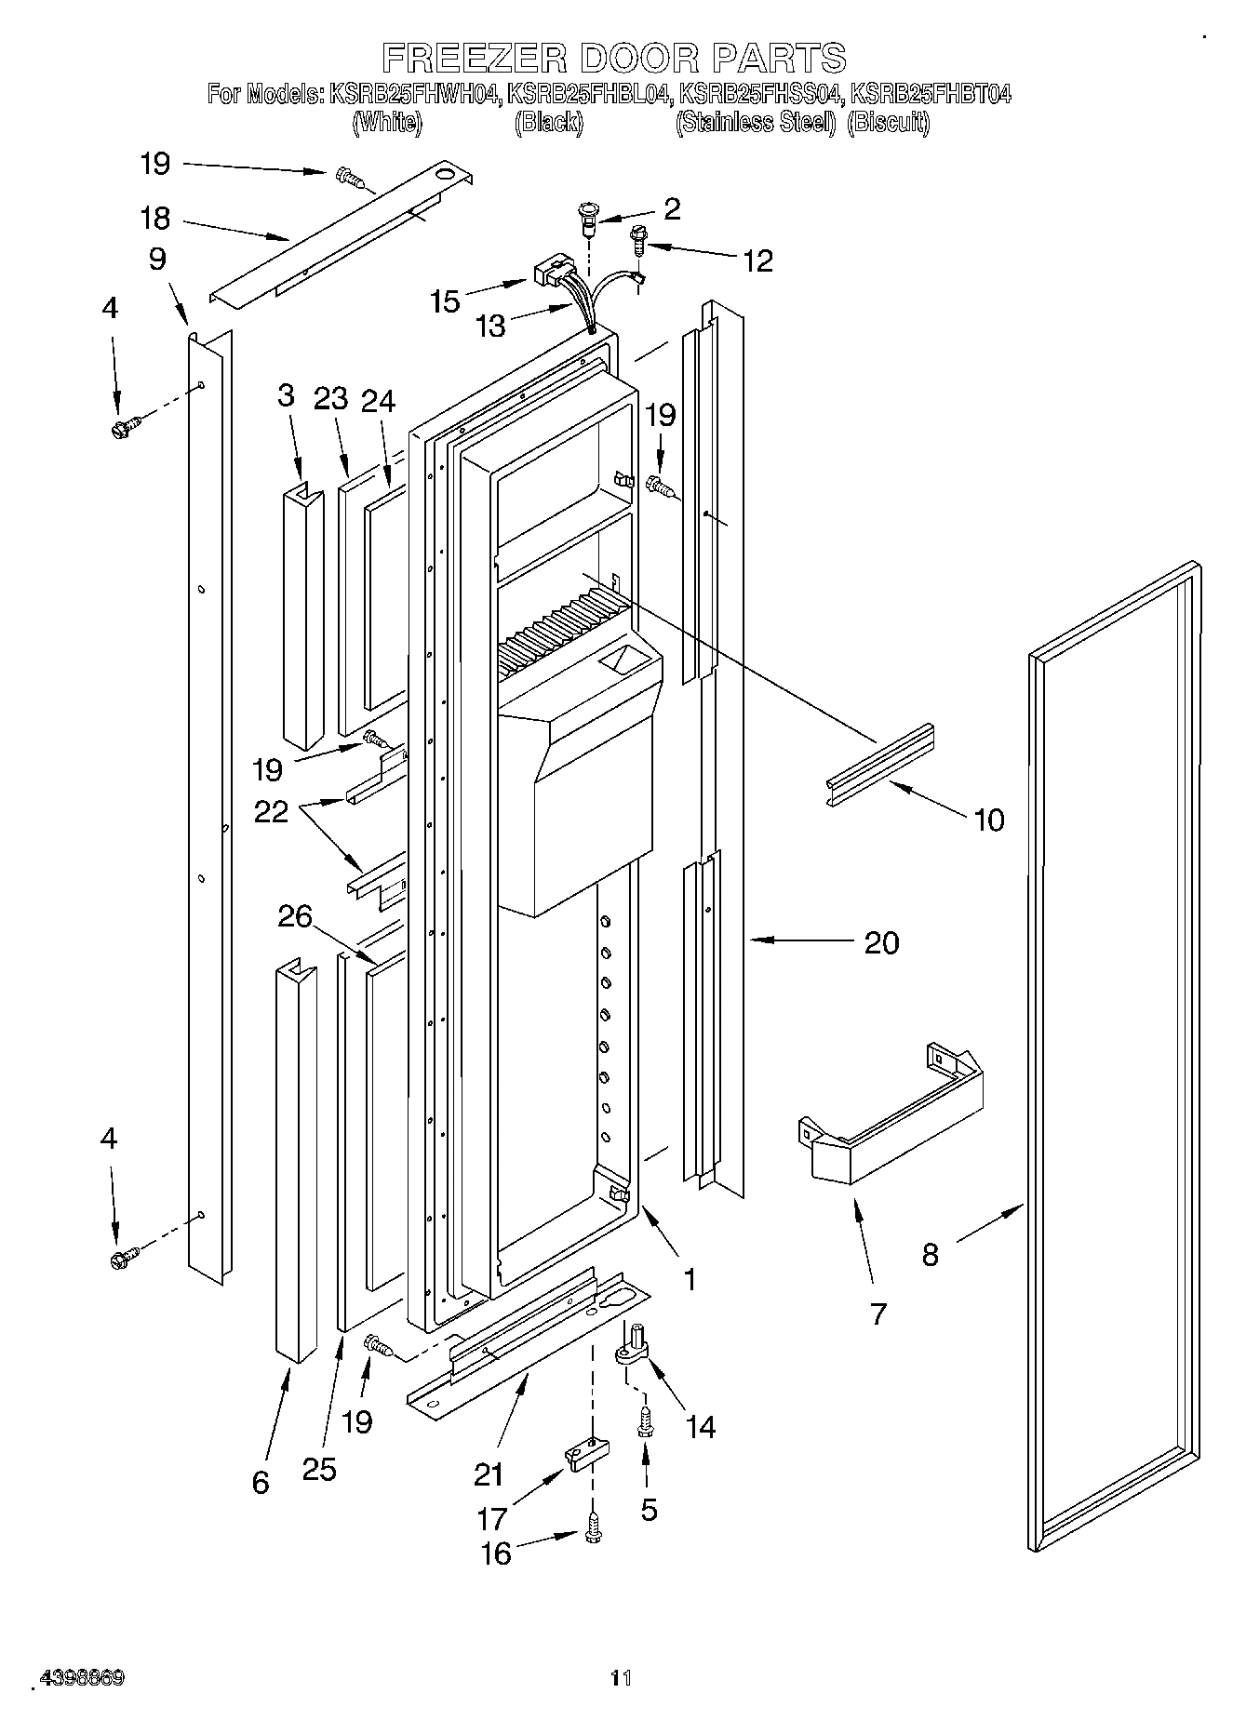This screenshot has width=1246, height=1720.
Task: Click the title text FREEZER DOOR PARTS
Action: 614,58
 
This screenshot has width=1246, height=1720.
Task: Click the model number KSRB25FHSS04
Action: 759,94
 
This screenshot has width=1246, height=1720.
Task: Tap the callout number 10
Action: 988,820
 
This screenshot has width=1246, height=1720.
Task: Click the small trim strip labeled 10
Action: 878,763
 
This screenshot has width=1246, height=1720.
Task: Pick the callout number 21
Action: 489,1475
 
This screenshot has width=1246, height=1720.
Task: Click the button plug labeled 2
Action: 587,218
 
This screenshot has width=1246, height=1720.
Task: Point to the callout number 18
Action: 154,219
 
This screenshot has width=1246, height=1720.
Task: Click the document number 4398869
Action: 81,1677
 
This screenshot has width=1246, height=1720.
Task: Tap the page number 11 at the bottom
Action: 620,1677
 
